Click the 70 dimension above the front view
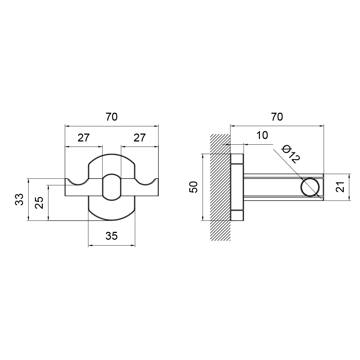pyautogui.click(x=112, y=117)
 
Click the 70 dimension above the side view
pyautogui.click(x=277, y=117)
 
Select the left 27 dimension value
pyautogui.click(x=84, y=138)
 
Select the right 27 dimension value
pyautogui.click(x=140, y=138)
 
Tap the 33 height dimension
pyautogui.click(x=19, y=199)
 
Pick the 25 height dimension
pyautogui.click(x=40, y=202)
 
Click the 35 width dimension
pyautogui.click(x=112, y=236)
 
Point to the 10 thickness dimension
pyautogui.click(x=262, y=135)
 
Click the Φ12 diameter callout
pyautogui.click(x=291, y=154)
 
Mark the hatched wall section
pyautogui.click(x=220, y=187)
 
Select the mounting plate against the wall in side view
pyautogui.click(x=237, y=187)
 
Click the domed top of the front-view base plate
pyautogui.click(x=112, y=154)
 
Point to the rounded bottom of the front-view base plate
pyautogui.click(x=112, y=220)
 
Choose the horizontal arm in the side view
pyautogui.click(x=284, y=187)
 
